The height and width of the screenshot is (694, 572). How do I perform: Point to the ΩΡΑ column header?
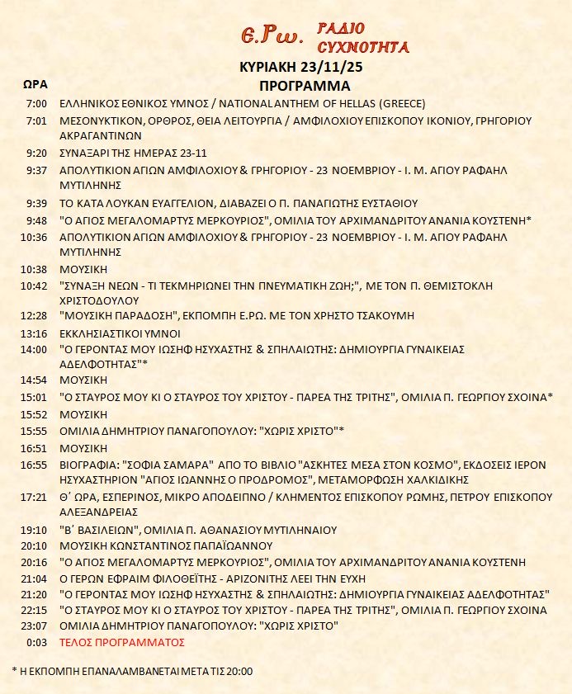click(x=35, y=84)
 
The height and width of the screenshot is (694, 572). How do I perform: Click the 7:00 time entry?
click(x=37, y=104)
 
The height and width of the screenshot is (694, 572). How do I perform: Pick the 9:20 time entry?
click(x=37, y=153)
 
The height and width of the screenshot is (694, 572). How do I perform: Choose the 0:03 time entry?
click(x=37, y=642)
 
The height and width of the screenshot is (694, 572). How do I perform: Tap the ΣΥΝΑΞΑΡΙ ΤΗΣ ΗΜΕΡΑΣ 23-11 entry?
click(x=131, y=153)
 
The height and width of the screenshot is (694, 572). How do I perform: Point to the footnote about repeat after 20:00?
click(x=133, y=670)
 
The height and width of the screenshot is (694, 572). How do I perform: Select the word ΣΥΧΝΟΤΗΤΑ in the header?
click(x=364, y=47)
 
